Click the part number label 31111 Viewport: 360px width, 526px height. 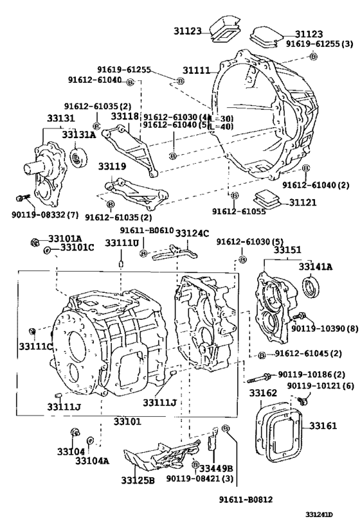[x=196, y=71]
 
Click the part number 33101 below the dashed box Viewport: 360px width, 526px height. [x=127, y=421]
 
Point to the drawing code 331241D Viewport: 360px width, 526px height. [x=319, y=515]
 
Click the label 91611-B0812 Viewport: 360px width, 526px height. [x=246, y=500]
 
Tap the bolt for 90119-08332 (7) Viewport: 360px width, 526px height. [x=21, y=198]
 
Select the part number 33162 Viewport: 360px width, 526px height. [x=263, y=393]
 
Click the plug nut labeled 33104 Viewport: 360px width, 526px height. [x=75, y=433]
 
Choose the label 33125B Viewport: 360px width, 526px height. [x=138, y=480]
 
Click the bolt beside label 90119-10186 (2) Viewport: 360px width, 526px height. [x=259, y=378]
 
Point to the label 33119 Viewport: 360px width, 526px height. [x=112, y=166]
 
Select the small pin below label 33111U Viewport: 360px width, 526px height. [x=121, y=264]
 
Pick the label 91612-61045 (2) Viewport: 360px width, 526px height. [x=309, y=353]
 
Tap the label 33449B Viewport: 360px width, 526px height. [x=216, y=468]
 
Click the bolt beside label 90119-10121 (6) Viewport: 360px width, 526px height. [x=303, y=400]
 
